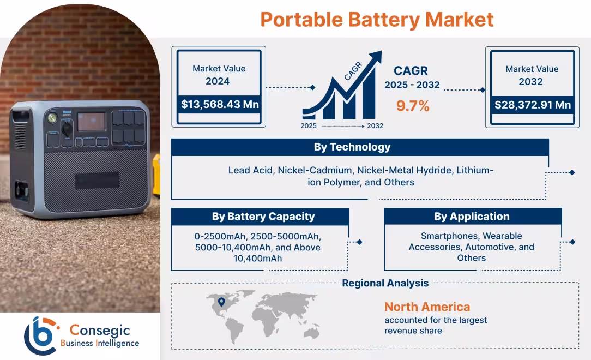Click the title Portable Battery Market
tap(377, 20)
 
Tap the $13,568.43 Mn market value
tap(220, 104)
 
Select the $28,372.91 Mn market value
tap(532, 104)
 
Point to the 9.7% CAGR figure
tap(413, 106)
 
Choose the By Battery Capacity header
tap(263, 217)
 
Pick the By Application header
tap(472, 217)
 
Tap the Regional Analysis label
tap(385, 283)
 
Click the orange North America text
tap(427, 307)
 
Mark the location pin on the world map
tap(221, 302)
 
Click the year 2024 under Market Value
tap(218, 82)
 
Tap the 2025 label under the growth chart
tap(309, 126)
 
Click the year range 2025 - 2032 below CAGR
tap(412, 85)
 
